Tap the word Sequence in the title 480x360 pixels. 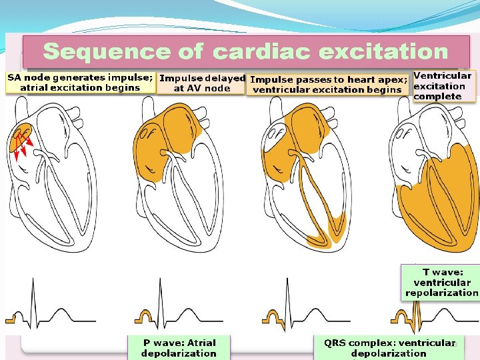point(107,51)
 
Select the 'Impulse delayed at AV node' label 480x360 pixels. point(202,83)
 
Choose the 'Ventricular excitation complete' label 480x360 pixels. point(443,86)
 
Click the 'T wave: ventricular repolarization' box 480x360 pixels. point(441,282)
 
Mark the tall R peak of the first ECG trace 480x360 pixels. point(32,283)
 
